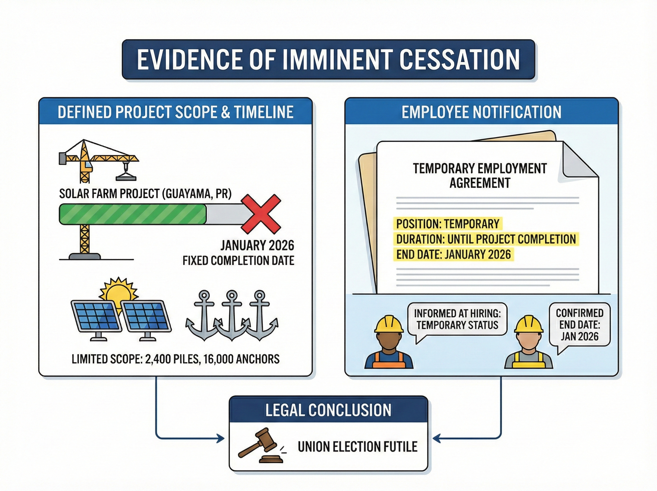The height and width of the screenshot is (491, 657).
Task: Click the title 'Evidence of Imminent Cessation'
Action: pyautogui.click(x=328, y=59)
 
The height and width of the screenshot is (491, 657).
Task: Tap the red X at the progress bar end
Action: pyautogui.click(x=261, y=214)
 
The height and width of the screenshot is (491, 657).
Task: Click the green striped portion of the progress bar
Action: pyautogui.click(x=133, y=214)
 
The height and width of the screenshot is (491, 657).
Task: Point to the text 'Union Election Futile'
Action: pyautogui.click(x=358, y=447)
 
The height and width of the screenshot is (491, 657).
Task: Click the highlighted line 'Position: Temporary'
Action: pyautogui.click(x=448, y=224)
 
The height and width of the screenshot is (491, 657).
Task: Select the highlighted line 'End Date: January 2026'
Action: pyautogui.click(x=453, y=255)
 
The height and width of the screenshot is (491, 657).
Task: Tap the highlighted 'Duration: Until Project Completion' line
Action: pyautogui.click(x=486, y=239)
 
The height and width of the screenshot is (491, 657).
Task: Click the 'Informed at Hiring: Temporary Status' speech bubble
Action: pyautogui.click(x=457, y=319)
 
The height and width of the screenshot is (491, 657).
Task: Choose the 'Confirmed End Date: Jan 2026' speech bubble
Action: pyautogui.click(x=579, y=325)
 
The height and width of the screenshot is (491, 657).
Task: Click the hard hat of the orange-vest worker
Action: pyautogui.click(x=389, y=324)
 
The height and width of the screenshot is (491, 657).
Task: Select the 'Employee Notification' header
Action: pyautogui.click(x=481, y=112)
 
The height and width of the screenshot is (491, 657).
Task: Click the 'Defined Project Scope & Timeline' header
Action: pyautogui.click(x=175, y=112)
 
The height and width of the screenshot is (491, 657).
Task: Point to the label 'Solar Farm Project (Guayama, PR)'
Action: pyautogui.click(x=145, y=193)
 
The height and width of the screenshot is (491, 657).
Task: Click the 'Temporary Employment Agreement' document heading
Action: pyautogui.click(x=480, y=175)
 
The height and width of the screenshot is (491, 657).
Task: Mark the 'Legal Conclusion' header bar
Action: pyautogui.click(x=328, y=410)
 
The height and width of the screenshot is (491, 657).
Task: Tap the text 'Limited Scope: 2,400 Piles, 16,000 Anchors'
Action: pyautogui.click(x=175, y=359)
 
